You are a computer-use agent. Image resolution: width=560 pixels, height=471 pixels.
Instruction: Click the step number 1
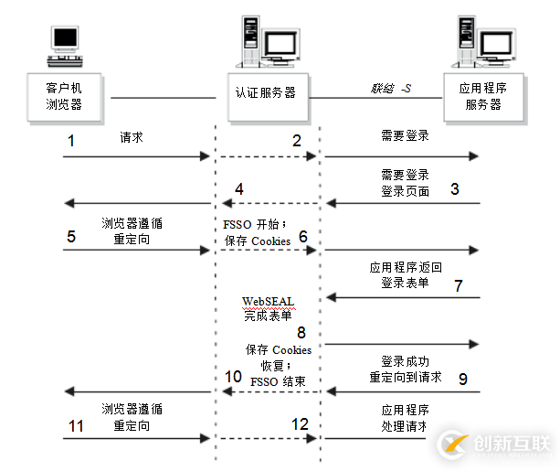(x=70, y=141)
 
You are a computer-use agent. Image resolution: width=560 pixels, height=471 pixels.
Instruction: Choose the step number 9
(x=462, y=377)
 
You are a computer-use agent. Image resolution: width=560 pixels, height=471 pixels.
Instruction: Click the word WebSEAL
(x=267, y=301)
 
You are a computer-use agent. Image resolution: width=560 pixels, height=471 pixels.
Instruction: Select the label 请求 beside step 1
(x=132, y=138)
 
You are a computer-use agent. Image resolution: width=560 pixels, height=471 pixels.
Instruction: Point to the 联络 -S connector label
(x=390, y=88)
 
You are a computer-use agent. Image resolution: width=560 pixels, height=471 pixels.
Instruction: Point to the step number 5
(x=70, y=236)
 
